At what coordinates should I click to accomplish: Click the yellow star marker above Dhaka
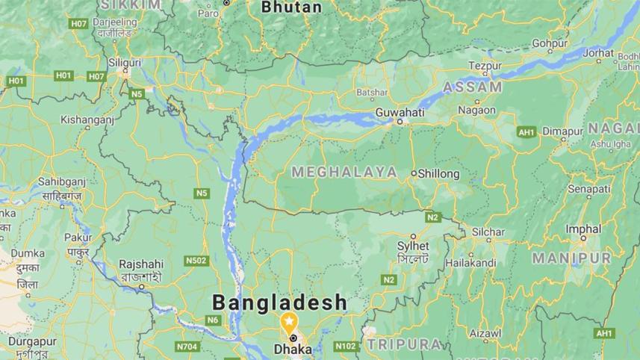[288, 321]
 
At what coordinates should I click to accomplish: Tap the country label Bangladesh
[280, 302]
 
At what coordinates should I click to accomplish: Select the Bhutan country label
[292, 7]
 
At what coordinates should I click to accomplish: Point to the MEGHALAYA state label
[344, 172]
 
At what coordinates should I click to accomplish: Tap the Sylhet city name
[414, 245]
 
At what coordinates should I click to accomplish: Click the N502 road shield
[196, 261]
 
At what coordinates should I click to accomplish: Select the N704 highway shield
[187, 347]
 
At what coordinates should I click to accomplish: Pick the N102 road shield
[345, 347]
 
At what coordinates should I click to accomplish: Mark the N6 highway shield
[214, 320]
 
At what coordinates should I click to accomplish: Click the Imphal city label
[583, 229]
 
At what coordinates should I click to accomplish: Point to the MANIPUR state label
[571, 258]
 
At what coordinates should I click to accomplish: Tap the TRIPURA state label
[403, 344]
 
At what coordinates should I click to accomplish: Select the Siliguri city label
[125, 61]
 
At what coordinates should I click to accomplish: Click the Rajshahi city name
[141, 264]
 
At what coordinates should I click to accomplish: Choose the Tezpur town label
[485, 66]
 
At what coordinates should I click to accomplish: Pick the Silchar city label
[488, 232]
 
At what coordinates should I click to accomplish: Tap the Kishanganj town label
[87, 119]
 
